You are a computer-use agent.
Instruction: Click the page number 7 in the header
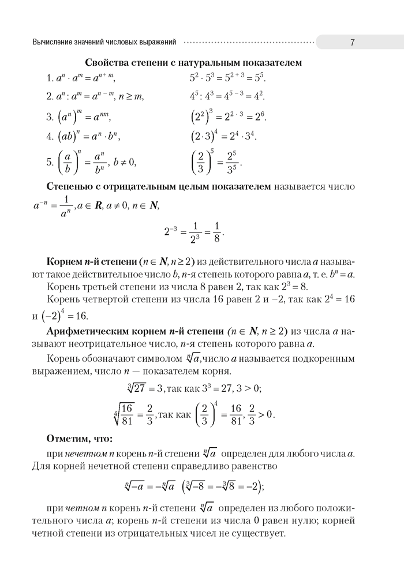click(351, 42)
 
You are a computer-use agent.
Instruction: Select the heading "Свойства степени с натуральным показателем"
click(194, 62)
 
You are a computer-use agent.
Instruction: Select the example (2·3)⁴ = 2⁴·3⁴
click(223, 137)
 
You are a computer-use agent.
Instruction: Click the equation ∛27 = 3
click(140, 388)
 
